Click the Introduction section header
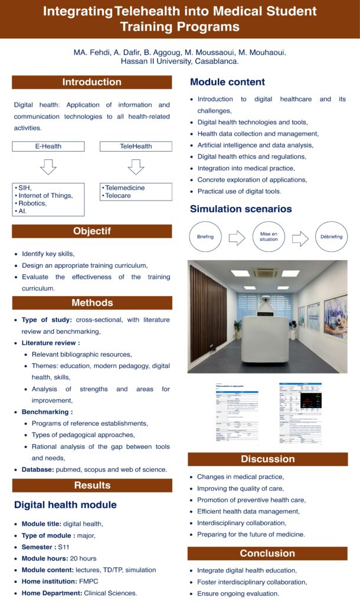[91, 83]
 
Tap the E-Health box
[48, 146]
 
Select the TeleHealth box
[136, 146]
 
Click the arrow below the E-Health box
[48, 167]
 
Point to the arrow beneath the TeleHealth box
[136, 167]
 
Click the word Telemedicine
[125, 188]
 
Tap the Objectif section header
[91, 231]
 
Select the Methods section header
[91, 303]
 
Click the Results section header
[91, 485]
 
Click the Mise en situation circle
[269, 238]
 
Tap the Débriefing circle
[331, 238]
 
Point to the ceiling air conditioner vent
[265, 273]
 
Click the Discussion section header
[267, 459]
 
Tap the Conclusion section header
[267, 553]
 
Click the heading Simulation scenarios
[241, 209]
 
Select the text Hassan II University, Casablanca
[180, 61]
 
